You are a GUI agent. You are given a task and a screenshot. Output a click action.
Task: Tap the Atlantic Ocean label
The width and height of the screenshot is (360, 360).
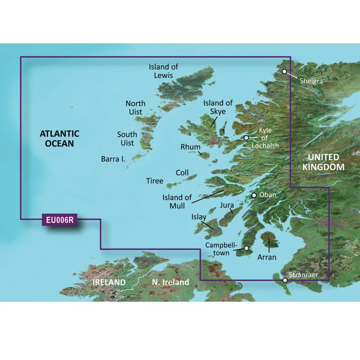[59, 139]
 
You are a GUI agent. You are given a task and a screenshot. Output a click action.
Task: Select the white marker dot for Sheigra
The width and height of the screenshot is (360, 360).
[284, 72]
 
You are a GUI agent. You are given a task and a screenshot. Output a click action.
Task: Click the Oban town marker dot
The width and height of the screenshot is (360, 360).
[254, 195]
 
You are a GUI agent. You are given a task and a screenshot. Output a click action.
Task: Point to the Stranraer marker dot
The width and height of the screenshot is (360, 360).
[285, 280]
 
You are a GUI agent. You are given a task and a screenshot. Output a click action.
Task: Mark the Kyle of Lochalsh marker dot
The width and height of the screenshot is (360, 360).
[246, 138]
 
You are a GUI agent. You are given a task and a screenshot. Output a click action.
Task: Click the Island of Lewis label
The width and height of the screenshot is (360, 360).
[164, 71]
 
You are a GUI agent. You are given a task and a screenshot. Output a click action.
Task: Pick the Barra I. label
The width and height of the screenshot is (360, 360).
[113, 159]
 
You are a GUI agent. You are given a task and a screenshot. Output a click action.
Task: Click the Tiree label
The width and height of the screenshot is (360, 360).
[155, 181]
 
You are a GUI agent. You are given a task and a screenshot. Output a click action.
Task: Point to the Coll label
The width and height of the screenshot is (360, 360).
[182, 173]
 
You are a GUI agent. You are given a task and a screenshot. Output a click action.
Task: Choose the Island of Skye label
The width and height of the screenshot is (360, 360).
[218, 107]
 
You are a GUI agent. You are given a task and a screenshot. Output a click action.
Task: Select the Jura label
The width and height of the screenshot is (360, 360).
[227, 206]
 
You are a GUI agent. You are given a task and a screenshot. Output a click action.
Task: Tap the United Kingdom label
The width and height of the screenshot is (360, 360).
[324, 162]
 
